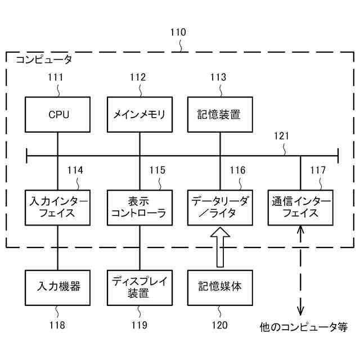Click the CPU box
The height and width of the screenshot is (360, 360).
coord(58,115)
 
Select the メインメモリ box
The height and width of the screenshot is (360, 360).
coord(139,115)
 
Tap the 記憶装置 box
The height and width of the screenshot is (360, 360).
coord(219,115)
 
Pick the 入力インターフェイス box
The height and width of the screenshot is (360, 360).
coord(58,207)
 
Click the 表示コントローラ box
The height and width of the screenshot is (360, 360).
coord(139,207)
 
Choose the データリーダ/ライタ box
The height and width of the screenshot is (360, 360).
coord(219,207)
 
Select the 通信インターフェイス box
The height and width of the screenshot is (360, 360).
coord(300,207)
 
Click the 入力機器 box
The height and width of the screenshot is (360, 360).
coord(58,287)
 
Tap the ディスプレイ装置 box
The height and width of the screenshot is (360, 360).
coord(139,287)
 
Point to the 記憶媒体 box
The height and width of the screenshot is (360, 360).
coord(219,287)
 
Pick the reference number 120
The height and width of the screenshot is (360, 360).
coord(219,325)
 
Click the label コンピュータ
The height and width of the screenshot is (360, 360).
coord(44,59)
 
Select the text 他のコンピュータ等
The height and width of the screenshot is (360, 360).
coord(304,327)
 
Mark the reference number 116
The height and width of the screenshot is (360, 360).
coord(237,170)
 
